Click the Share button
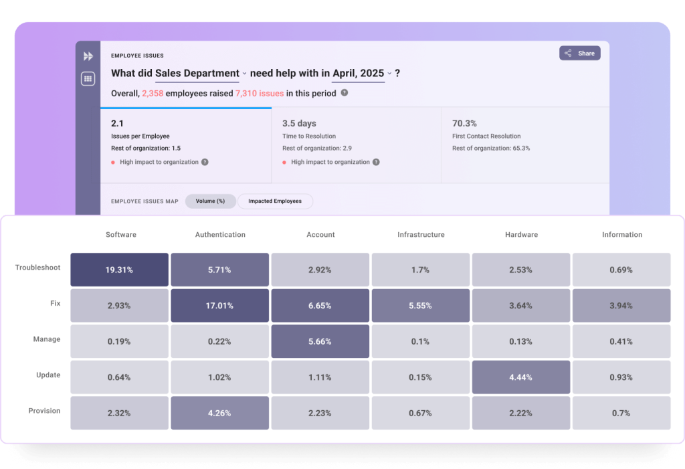point(579,54)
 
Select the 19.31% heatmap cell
point(120,270)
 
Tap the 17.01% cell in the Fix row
point(219,306)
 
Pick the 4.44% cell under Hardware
point(521,377)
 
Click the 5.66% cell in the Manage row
point(320,341)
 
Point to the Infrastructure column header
point(421,235)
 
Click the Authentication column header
point(220,235)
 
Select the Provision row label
point(44,411)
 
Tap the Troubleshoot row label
point(38,268)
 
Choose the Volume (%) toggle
point(210,201)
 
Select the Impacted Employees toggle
point(275,201)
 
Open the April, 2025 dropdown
point(362,74)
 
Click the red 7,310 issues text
point(260,94)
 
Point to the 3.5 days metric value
point(299,124)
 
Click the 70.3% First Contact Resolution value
point(464,124)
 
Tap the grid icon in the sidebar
point(88,79)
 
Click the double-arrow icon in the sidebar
point(88,56)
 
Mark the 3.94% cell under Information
point(621,306)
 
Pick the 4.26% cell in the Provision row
point(219,413)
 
